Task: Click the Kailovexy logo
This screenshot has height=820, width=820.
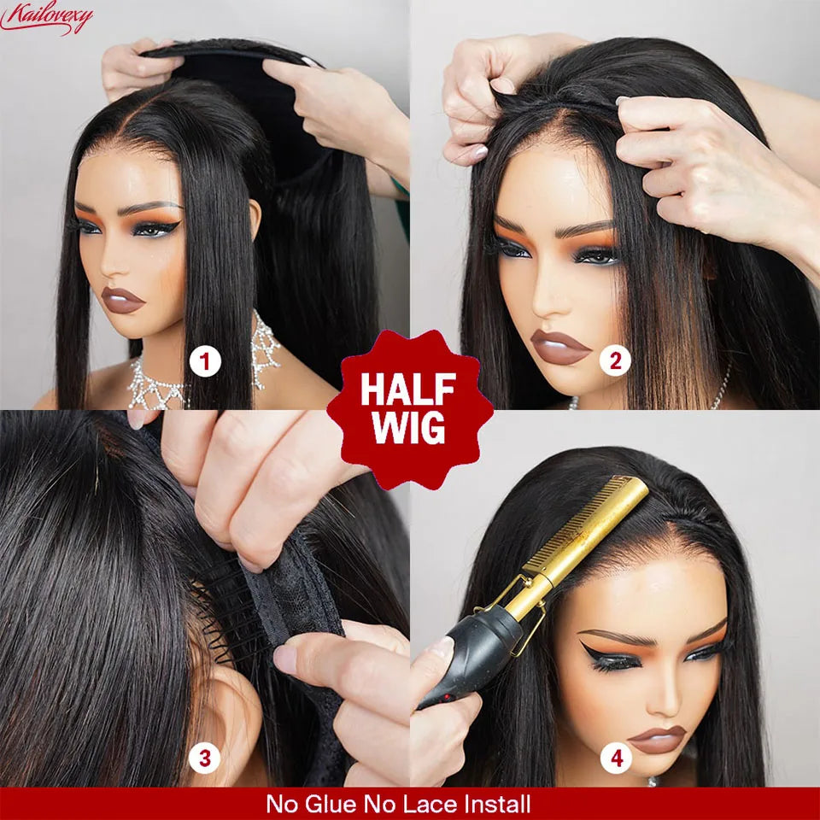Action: point(46,17)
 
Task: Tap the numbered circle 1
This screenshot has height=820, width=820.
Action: point(204,362)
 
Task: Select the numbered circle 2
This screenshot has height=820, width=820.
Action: point(615,362)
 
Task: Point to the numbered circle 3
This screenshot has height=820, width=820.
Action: point(205,757)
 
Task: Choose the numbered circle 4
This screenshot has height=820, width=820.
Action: point(615,757)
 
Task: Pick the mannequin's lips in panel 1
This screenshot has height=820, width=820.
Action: point(124,299)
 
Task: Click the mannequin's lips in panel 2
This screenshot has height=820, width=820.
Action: point(559,346)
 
